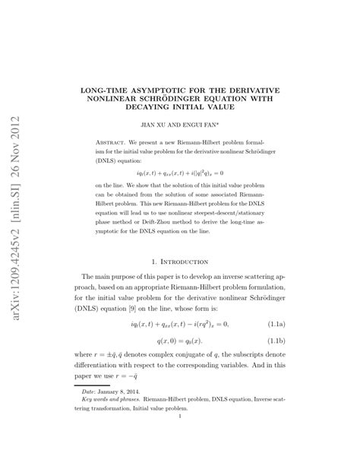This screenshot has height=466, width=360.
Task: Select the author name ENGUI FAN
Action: coord(204,124)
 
